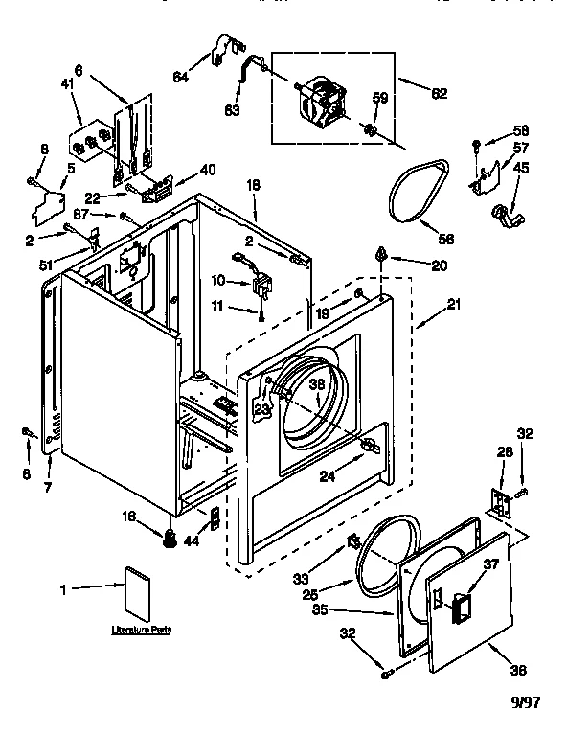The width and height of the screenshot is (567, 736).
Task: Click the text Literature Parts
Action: [134, 631]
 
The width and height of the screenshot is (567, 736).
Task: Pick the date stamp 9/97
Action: [524, 702]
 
